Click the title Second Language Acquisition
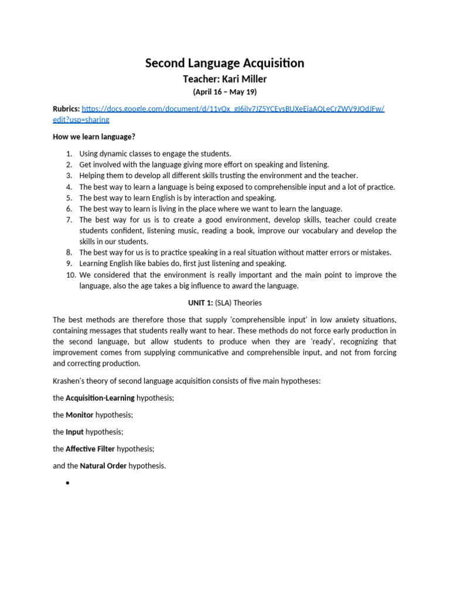(x=225, y=63)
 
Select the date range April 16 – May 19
(x=225, y=92)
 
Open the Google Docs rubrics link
(x=233, y=109)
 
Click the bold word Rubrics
(x=66, y=109)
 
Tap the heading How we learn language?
(x=94, y=137)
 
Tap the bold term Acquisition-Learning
(x=100, y=398)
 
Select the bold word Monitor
(x=80, y=415)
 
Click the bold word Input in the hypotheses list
(x=74, y=432)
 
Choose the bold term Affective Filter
(x=90, y=449)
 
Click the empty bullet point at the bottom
(x=69, y=483)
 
